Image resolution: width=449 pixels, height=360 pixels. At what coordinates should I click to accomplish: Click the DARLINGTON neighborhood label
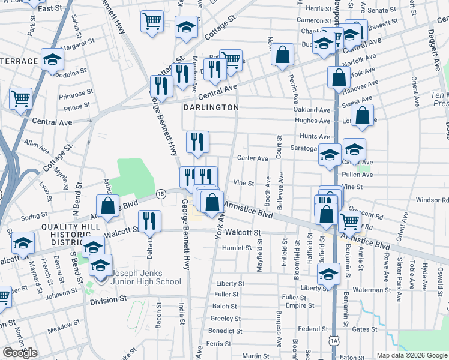click(x=211, y=107)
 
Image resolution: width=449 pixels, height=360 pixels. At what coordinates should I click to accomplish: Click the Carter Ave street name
click(x=252, y=158)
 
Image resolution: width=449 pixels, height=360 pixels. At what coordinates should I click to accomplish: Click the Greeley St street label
click(x=226, y=319)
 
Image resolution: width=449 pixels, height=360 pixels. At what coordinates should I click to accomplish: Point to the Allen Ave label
click(x=37, y=145)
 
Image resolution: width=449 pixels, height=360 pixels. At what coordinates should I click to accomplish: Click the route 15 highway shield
click(x=161, y=194)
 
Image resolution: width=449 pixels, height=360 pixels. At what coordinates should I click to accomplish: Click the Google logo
click(x=20, y=353)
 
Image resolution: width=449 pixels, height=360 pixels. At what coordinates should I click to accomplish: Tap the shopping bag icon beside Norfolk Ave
click(x=339, y=77)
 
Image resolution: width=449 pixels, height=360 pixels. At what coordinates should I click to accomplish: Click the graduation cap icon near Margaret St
click(x=52, y=59)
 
